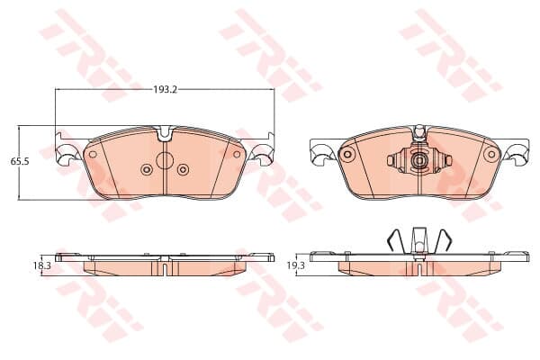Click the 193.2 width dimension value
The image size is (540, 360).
click(x=165, y=90)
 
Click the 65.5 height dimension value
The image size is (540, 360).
click(x=20, y=161)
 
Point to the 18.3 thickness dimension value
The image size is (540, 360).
click(x=42, y=265)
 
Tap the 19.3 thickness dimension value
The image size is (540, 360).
click(x=296, y=265)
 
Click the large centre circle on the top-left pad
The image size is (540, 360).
click(x=165, y=160)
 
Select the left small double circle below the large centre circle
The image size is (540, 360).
click(x=147, y=169)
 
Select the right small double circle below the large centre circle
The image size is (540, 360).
click(x=183, y=169)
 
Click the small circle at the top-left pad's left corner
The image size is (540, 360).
click(x=93, y=154)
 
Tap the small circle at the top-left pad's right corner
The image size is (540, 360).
click(x=237, y=154)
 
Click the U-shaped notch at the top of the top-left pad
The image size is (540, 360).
click(x=165, y=134)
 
